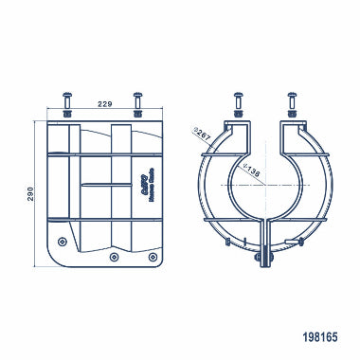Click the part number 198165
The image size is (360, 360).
[x=318, y=335]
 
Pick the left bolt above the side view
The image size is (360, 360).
[x=68, y=99]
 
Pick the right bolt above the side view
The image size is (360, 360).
[x=139, y=99]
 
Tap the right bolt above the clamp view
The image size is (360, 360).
[x=291, y=99]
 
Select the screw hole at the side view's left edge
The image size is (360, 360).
[x=63, y=227]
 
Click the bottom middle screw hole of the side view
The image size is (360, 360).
[x=114, y=256]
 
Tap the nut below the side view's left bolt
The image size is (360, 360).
[x=68, y=113]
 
